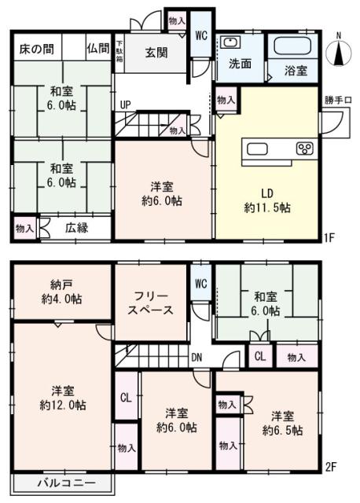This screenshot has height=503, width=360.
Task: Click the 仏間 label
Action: click(99, 49)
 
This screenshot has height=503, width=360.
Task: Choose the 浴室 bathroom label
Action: click(296, 70)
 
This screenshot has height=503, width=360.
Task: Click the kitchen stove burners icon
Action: click(304, 149)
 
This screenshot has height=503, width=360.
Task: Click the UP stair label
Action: click(125, 105)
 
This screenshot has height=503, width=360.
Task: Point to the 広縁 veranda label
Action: click(76, 228)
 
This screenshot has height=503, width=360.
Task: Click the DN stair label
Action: click(197, 355)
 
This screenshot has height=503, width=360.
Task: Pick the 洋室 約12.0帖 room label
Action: click(64, 398)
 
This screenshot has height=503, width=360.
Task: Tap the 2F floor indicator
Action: click(332, 467)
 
